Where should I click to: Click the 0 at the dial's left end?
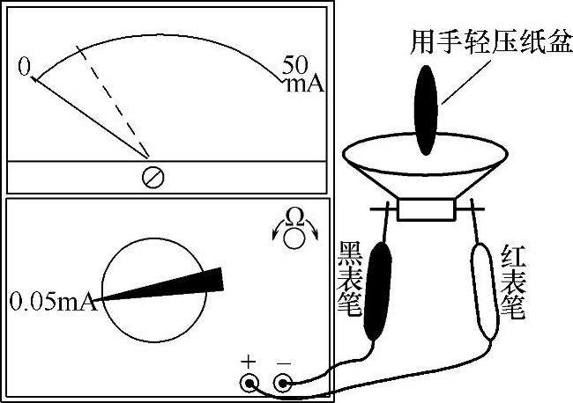coord(25,67)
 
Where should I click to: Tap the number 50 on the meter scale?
coord(295,65)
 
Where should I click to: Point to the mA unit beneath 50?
coord(305,84)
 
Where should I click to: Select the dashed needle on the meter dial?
coord(113,102)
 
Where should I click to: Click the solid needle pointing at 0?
coord(90,118)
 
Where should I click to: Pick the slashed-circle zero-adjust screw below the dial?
coord(153,177)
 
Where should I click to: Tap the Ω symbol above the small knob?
coord(295,216)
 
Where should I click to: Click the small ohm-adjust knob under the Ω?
coord(294,238)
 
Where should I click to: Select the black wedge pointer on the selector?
coord(160,286)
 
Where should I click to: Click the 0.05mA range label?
coord(54,301)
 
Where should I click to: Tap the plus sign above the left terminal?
coord(249,363)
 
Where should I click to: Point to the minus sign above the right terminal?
coord(284,363)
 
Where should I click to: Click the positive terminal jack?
coord(249,384)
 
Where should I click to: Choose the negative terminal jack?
coord(283,384)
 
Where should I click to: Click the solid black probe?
coord(378,291)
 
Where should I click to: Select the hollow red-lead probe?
coord(485,291)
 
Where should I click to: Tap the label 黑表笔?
coord(350,278)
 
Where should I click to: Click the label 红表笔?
coord(513,282)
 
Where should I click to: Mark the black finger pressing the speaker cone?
coord(426,110)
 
